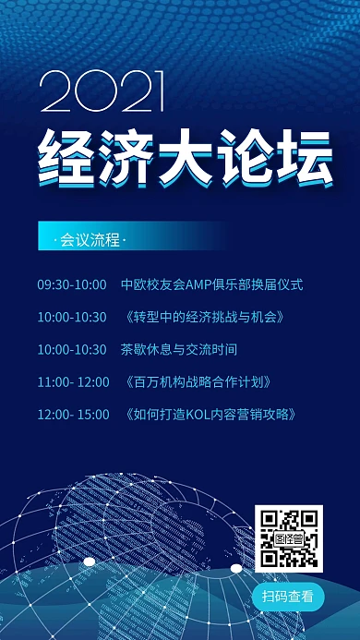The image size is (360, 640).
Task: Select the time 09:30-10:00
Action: click(72, 284)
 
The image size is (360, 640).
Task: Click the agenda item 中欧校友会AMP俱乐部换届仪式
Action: click(211, 284)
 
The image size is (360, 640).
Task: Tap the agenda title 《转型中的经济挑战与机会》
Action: click(202, 317)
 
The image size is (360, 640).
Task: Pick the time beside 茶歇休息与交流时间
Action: click(72, 349)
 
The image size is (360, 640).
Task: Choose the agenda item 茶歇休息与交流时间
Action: click(178, 349)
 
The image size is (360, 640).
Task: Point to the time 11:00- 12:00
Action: click(73, 381)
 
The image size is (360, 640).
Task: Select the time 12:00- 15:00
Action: click(73, 414)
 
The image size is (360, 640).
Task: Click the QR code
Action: click(289, 538)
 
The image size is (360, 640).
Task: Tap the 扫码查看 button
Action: click(289, 596)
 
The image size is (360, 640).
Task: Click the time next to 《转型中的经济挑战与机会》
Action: click(72, 317)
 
